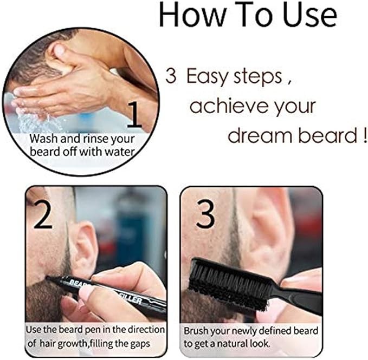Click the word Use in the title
pos(310,15)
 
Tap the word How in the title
pos(192,15)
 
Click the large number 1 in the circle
pos(134,114)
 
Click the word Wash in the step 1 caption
pos(44,139)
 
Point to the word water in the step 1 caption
pos(119,152)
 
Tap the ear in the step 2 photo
pos(86,248)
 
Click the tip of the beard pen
pos(47,277)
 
